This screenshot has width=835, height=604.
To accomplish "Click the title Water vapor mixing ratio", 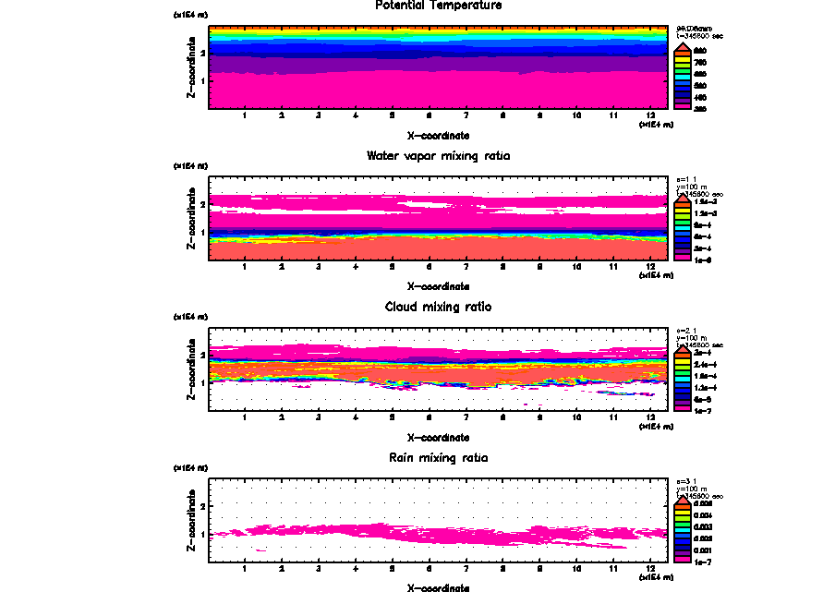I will [x=438, y=156].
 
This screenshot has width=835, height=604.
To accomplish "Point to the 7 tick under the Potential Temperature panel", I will [x=466, y=116].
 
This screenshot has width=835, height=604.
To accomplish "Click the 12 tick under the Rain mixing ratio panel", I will [x=651, y=568].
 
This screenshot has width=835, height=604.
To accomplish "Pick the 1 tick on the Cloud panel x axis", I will [x=244, y=417].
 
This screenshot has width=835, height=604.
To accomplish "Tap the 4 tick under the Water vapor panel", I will [x=356, y=267].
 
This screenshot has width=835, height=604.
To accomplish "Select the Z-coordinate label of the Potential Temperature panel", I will [x=191, y=68].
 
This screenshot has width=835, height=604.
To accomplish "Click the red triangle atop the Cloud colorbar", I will [x=684, y=347].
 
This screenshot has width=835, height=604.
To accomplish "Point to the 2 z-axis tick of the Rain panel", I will [x=202, y=506].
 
